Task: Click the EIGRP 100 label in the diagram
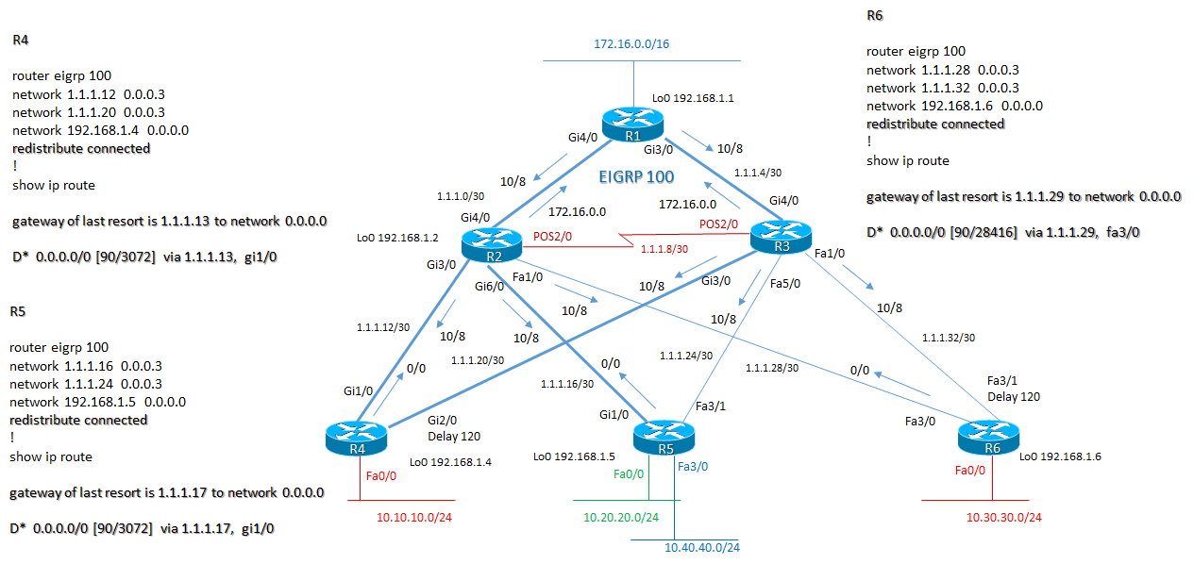click(637, 175)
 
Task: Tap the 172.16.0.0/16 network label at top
click(631, 43)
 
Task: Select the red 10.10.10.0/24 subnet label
click(414, 517)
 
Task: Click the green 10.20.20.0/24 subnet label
click(620, 517)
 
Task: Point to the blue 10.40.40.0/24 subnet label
click(702, 548)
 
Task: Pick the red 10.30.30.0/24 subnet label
click(1004, 517)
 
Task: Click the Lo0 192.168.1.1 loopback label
click(693, 97)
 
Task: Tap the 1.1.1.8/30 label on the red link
click(665, 249)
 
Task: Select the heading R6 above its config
click(875, 16)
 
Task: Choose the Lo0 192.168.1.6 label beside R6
click(1060, 456)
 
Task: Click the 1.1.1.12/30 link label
click(382, 327)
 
